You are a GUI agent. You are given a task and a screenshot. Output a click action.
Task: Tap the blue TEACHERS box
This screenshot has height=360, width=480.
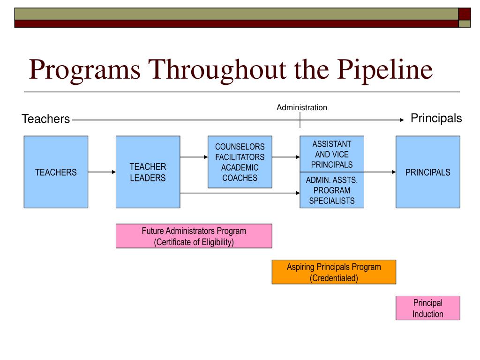[56, 172]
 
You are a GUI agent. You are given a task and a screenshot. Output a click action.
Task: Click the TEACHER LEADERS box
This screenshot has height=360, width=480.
[148, 172]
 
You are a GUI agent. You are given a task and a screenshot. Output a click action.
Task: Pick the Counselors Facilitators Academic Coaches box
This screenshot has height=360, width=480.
[240, 162]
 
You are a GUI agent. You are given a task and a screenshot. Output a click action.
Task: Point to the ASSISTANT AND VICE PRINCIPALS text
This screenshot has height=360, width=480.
[332, 154]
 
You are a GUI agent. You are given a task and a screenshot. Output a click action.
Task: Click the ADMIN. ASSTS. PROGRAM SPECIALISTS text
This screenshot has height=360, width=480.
[332, 191]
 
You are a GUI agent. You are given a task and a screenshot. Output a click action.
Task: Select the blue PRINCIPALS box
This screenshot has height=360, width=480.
[427, 172]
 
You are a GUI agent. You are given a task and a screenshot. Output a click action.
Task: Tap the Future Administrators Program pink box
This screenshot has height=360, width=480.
[194, 236]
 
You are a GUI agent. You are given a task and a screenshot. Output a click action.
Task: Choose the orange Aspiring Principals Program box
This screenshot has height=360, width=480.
[334, 272]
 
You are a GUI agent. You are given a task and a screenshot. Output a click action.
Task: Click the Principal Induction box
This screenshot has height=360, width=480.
[427, 308]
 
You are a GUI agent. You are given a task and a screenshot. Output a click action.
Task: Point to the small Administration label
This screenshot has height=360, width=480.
[301, 108]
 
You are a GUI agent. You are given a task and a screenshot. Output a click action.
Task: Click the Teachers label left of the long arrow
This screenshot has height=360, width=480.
[45, 120]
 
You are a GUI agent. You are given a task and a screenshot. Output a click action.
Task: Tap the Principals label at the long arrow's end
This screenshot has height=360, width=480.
[436, 119]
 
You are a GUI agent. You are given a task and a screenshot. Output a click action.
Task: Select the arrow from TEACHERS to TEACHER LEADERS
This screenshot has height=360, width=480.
[102, 172]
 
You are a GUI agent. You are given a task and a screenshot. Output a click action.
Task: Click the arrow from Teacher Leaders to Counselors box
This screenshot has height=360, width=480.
[194, 157]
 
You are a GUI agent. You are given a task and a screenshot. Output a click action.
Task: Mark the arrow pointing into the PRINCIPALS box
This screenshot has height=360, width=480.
[380, 172]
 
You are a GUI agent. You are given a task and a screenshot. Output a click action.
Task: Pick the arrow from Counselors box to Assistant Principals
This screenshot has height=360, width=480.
[285, 157]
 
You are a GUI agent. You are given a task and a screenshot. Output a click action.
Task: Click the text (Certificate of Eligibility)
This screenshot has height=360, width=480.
[194, 242]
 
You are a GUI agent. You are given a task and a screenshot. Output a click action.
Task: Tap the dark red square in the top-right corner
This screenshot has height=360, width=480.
[464, 14]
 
